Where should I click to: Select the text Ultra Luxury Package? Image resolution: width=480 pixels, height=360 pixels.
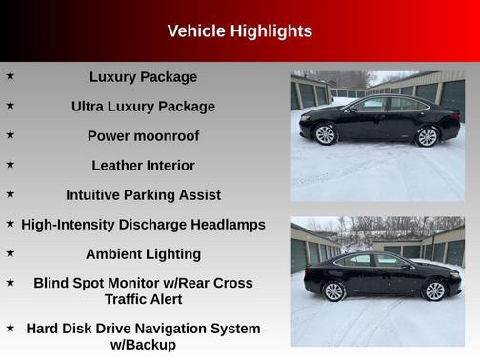(143, 107)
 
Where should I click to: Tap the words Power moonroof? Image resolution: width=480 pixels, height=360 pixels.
(143, 136)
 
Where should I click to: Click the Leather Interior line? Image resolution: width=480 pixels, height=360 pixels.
(143, 166)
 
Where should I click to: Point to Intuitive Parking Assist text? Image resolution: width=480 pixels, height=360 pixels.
(143, 195)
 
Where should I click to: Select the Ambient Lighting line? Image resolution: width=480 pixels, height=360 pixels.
(143, 254)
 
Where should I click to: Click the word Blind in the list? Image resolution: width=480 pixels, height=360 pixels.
(52, 283)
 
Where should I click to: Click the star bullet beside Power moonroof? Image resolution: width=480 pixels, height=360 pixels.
(10, 133)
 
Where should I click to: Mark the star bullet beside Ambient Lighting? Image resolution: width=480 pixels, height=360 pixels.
(10, 251)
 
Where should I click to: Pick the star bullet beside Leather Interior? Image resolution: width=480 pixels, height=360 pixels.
(10, 163)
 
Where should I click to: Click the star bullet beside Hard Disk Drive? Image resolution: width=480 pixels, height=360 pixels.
(10, 326)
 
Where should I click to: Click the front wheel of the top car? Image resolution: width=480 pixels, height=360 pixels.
(326, 134)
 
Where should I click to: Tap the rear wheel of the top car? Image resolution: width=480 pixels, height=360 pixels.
(428, 136)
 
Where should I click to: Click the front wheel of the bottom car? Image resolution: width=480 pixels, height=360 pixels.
(334, 290)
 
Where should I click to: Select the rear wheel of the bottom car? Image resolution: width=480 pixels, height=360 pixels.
(434, 290)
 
